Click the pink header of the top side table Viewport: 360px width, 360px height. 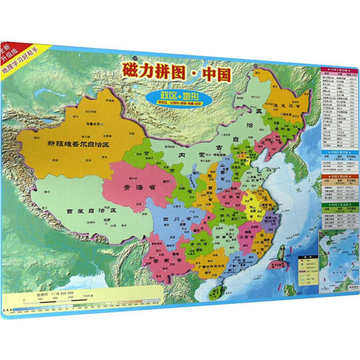(339, 70)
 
